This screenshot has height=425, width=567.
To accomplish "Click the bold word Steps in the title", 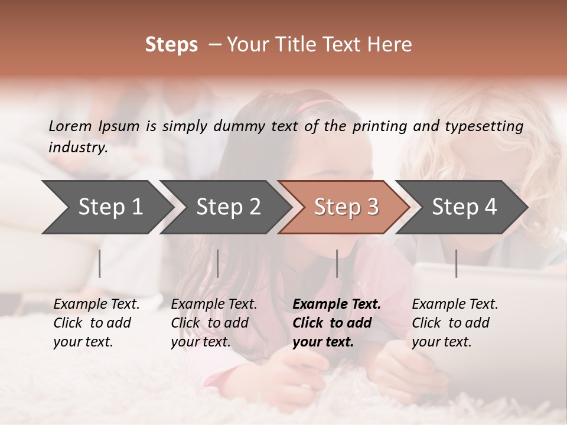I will (x=171, y=45).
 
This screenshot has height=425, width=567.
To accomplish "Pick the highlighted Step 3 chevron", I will (x=346, y=207).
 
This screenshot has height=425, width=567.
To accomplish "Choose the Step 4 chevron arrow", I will (x=464, y=207).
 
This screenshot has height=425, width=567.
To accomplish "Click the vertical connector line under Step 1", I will (x=100, y=263).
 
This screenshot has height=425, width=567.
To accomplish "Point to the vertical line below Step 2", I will (x=218, y=263).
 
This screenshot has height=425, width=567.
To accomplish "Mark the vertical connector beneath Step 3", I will (x=337, y=263).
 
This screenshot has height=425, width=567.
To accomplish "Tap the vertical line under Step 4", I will (x=456, y=263).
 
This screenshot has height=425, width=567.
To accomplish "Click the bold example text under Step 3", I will (x=334, y=323).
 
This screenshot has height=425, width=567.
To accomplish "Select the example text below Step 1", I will (x=94, y=323).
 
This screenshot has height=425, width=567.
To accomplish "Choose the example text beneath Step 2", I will (x=213, y=323).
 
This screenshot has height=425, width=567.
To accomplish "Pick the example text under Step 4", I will (x=454, y=323).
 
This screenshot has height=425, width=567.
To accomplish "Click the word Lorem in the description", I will (x=70, y=126).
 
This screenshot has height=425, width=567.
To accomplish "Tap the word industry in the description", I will (x=77, y=148).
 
